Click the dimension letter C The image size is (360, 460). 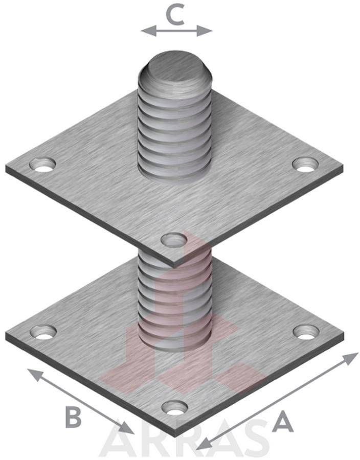(175, 15)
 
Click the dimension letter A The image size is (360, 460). (283, 422)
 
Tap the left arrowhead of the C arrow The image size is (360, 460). (148, 31)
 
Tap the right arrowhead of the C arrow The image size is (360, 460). (205, 31)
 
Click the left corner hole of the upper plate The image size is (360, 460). (42, 165)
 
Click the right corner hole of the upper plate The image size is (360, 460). (305, 164)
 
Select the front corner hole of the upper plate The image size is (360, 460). (174, 240)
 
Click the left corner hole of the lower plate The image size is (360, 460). (43, 332)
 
